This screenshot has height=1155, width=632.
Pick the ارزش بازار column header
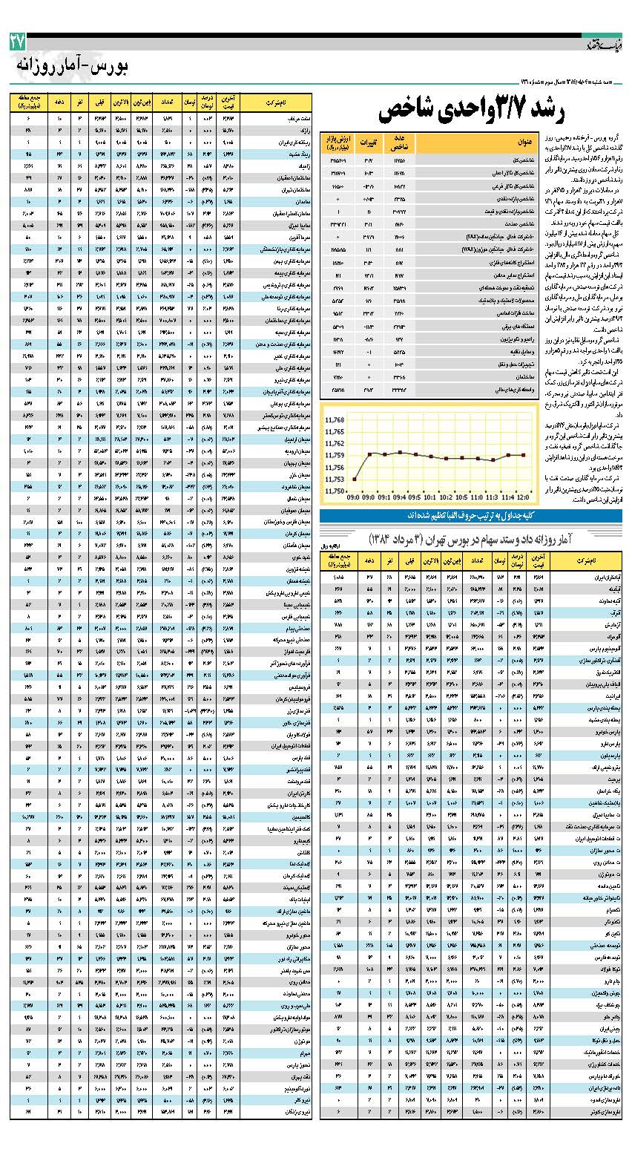pos(335,143)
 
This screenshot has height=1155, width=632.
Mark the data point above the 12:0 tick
pos(524,454)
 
